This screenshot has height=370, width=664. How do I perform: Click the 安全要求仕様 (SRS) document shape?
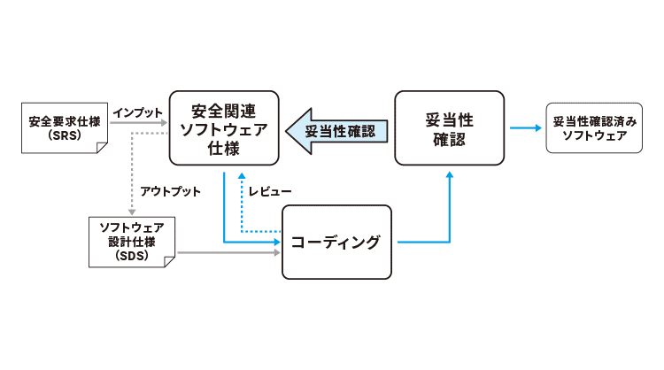pyautogui.click(x=63, y=129)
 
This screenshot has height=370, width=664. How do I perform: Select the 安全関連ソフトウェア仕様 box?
pyautogui.click(x=224, y=129)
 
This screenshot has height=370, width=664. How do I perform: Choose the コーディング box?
pyautogui.click(x=336, y=242)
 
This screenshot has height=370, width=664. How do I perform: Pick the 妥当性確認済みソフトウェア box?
pyautogui.click(x=594, y=129)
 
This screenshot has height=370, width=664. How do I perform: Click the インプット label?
pyautogui.click(x=138, y=113)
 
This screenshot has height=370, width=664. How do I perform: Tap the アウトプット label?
pyautogui.click(x=170, y=191)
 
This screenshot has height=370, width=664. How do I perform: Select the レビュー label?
pyautogui.click(x=271, y=191)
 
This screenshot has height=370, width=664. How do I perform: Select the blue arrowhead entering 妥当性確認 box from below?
pyautogui.click(x=450, y=174)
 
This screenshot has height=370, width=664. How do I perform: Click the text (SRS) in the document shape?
pyautogui.click(x=63, y=137)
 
